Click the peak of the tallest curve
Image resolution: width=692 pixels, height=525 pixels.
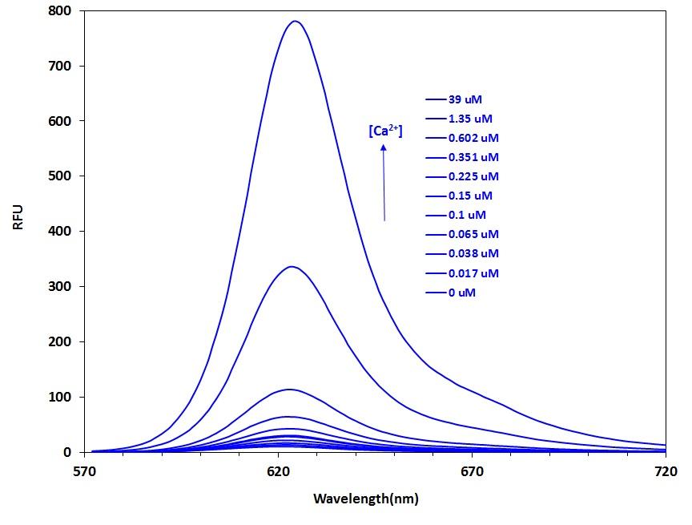[296, 22]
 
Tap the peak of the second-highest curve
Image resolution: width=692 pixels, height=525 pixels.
[292, 267]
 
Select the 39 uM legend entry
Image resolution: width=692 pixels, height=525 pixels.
[465, 99]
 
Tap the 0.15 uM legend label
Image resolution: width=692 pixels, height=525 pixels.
[470, 196]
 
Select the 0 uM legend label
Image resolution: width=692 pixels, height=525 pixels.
[462, 293]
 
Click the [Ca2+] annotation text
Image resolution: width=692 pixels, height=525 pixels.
[385, 131]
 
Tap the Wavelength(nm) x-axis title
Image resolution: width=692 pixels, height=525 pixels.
[365, 499]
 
